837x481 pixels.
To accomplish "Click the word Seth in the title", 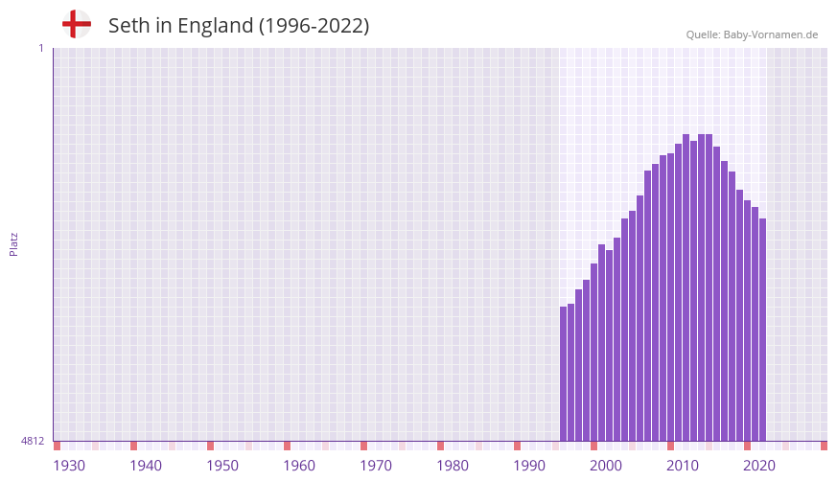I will [128, 26].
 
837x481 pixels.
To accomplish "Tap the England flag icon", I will [77, 24].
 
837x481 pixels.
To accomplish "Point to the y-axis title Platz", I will [13, 243].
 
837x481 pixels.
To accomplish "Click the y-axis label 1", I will [40, 48].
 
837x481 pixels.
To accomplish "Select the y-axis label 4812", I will [33, 441].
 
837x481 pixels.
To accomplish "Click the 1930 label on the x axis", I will [69, 466].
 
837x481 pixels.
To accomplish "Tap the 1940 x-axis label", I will [146, 466].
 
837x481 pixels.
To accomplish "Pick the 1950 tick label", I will [222, 466].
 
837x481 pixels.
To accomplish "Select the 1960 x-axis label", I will [299, 466].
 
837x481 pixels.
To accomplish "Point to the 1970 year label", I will [376, 466].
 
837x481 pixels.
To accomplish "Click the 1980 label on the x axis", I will [453, 466].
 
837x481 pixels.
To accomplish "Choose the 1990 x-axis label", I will [529, 466].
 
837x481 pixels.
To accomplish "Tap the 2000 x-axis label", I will [606, 466].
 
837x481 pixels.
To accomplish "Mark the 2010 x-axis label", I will [683, 466].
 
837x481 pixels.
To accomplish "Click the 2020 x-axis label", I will [759, 466].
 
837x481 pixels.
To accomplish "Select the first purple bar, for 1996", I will [564, 374].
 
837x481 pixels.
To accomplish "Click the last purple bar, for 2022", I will [763, 330].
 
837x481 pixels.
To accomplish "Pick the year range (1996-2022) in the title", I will [314, 26].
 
